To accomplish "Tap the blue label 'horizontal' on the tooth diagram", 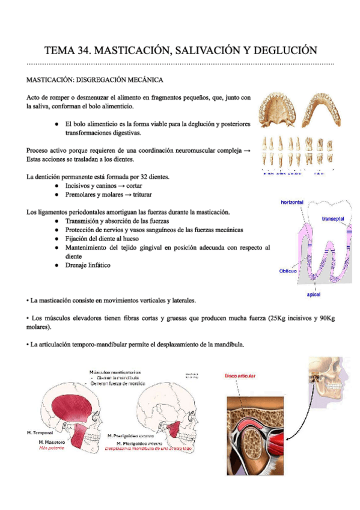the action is (292, 203).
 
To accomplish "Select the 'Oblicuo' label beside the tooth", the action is (288, 271).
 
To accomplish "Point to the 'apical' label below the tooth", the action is (313, 295).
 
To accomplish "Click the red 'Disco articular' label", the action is (240, 376).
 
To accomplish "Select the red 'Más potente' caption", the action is (51, 449).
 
